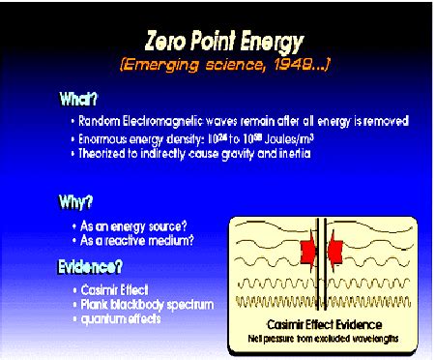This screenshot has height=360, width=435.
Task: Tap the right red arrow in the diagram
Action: point(337,252)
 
